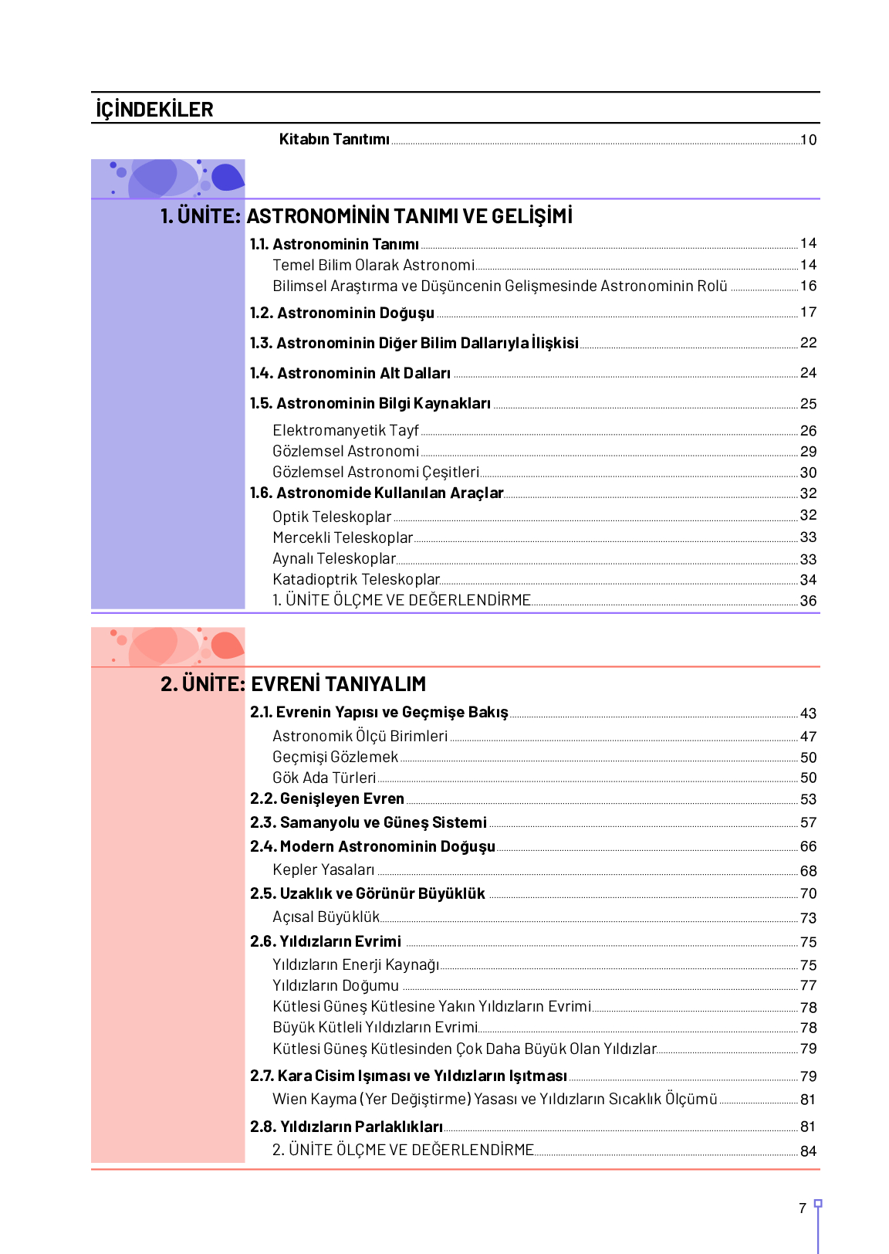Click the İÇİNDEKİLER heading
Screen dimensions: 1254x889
[154, 110]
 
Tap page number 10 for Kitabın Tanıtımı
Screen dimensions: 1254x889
[808, 140]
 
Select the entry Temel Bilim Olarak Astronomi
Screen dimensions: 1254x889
[374, 265]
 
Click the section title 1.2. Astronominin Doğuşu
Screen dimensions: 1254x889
[342, 313]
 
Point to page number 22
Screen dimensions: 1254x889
[808, 343]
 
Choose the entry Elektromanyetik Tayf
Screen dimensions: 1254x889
[345, 430]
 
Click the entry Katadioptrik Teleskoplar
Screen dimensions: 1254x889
[356, 579]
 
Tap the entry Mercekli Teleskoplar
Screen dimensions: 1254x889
[343, 537]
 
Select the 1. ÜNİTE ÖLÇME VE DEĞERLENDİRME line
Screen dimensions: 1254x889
[401, 600]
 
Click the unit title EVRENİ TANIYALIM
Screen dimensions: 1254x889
[339, 684]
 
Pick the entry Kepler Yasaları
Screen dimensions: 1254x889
[323, 869]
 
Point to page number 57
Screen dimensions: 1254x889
[808, 823]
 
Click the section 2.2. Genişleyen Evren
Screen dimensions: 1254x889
[327, 798]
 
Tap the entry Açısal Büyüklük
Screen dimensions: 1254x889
[326, 917]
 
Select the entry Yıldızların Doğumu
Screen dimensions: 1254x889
[336, 985]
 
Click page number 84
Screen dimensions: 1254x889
[808, 1151]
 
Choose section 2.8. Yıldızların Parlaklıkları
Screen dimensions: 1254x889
[346, 1127]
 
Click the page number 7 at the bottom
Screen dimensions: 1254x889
[803, 1208]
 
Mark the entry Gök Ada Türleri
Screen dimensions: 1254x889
[324, 778]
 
